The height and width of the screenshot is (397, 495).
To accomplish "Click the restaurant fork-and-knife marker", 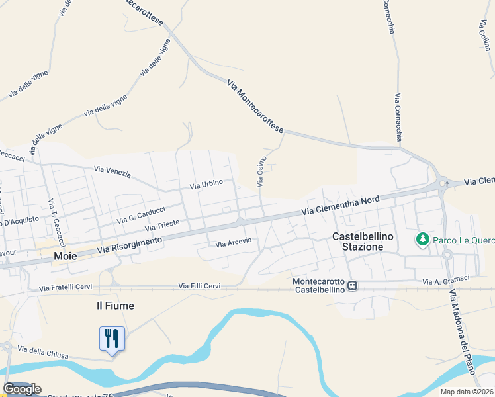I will (111, 339).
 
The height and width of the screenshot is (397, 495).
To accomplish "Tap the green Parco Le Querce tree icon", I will (422, 239).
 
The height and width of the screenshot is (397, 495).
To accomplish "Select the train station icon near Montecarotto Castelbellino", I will (353, 286).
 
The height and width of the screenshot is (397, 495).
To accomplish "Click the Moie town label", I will (66, 256).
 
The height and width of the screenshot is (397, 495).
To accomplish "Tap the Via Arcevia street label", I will (234, 243).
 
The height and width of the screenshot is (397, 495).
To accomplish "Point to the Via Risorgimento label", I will (130, 245).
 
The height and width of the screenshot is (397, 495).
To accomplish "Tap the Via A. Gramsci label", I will (447, 281).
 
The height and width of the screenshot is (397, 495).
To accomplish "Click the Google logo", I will (22, 389).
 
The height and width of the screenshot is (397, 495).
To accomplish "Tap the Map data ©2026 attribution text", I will (467, 392).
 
